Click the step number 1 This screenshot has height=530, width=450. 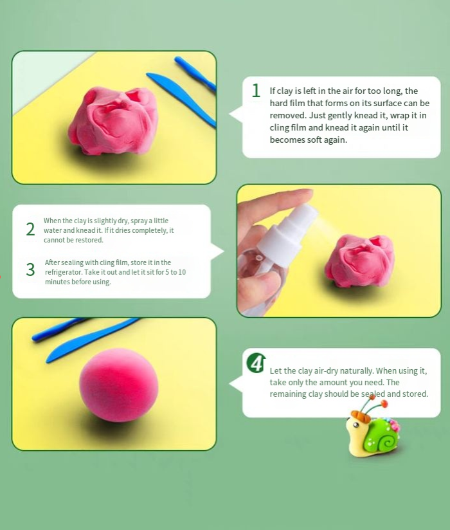pos(256,91)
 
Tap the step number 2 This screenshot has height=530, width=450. pos(30,229)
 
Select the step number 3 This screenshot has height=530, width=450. pos(30,270)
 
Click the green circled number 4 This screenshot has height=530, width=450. pos(256,363)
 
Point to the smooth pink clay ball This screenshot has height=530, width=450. pos(119,385)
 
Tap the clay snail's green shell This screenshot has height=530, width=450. pos(382,435)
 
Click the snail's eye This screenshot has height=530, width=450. pos(355,425)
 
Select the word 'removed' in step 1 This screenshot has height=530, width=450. pos(288,115)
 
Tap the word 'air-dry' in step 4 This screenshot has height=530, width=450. pos(326,371)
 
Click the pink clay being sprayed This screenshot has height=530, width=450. pos(359,260)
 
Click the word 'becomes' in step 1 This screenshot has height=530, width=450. pos(287,140)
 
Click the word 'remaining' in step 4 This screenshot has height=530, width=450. pos(287,394)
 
